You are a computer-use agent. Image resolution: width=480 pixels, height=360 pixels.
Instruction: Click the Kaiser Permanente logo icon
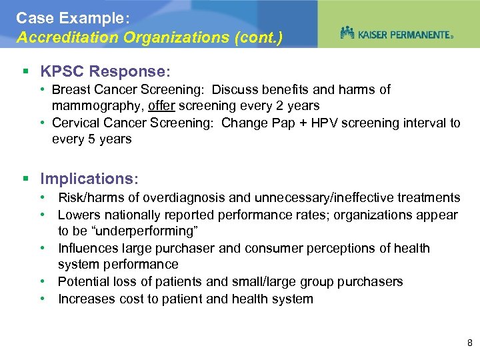pyautogui.click(x=347, y=33)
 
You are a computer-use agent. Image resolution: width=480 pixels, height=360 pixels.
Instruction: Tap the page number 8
pyautogui.click(x=470, y=343)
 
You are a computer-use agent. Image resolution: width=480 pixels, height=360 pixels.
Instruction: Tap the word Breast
pyautogui.click(x=71, y=89)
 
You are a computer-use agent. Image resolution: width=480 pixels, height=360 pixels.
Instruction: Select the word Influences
pyautogui.click(x=89, y=248)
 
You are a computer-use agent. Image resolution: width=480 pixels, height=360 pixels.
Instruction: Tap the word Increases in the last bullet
pyautogui.click(x=86, y=299)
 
